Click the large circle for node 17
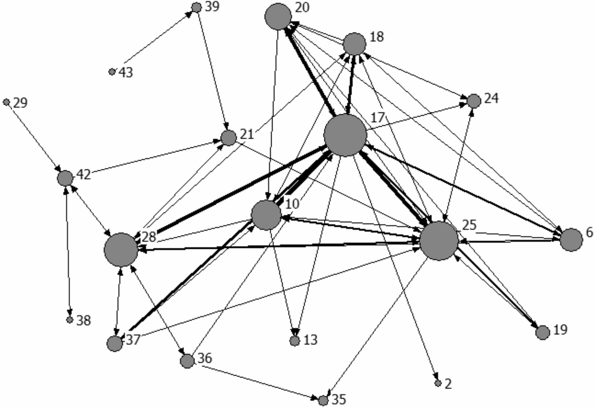coord(345,135)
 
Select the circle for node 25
coord(439,241)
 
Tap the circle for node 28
coord(121,250)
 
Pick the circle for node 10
coord(266,215)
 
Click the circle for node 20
coord(278,17)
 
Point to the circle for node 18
coord(355,44)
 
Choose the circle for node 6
coord(571,240)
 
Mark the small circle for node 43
coord(112,72)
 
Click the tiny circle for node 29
coord(6,102)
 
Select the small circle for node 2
coord(438,383)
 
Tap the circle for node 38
coord(70,320)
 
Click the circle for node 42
coord(65,179)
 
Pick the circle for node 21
coord(228,138)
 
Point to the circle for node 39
coord(197,7)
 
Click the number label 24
coord(491,99)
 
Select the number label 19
coord(560,330)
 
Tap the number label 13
coord(310,340)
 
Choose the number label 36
coord(205,358)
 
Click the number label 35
coord(339,399)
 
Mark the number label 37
coord(133,340)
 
